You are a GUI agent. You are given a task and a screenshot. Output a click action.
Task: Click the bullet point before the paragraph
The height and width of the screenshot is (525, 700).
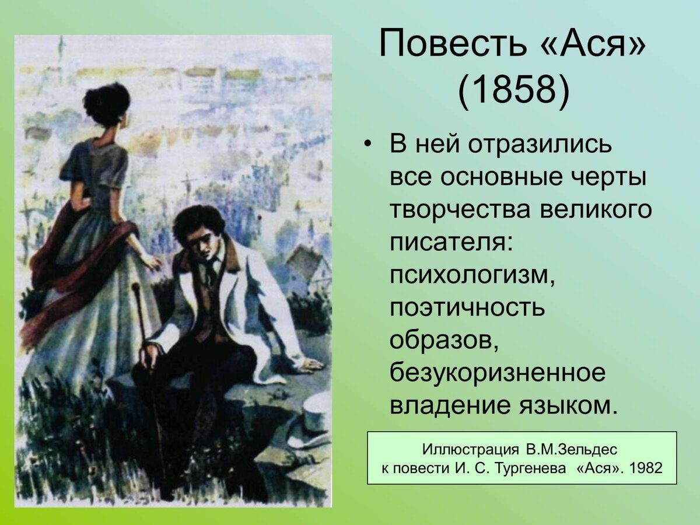pyautogui.click(x=367, y=145)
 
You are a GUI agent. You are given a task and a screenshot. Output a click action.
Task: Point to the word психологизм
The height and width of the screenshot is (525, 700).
pyautogui.click(x=471, y=274)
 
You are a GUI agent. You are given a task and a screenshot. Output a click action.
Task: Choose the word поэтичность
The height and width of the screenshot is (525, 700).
pyautogui.click(x=467, y=307)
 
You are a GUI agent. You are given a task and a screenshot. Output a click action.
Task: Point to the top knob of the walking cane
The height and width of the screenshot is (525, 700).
pyautogui.click(x=135, y=287)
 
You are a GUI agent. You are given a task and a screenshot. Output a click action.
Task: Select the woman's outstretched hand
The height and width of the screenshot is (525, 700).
pyautogui.click(x=153, y=262)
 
